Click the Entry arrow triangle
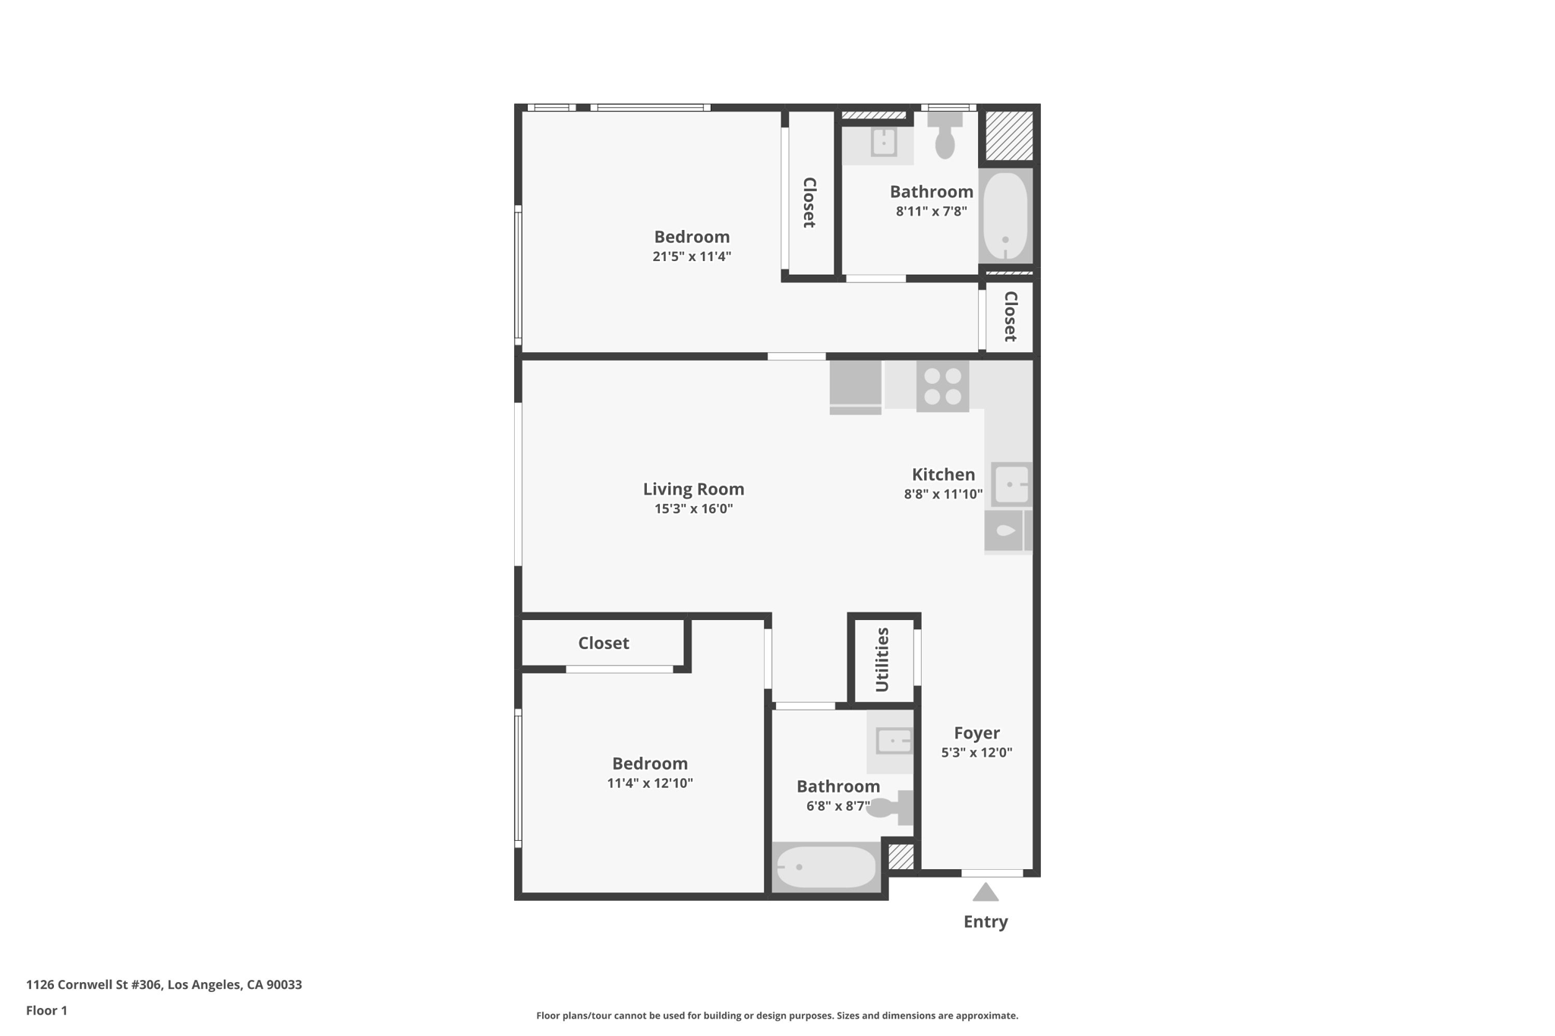[x=985, y=893]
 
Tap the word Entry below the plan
[x=986, y=921]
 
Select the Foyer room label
[x=976, y=733]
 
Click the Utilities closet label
[x=882, y=660]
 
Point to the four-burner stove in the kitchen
[x=942, y=386]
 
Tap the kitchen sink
[x=1011, y=483]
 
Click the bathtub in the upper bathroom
[x=1005, y=216]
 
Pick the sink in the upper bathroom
[x=883, y=142]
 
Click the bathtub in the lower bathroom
[x=826, y=867]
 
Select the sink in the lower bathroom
[x=893, y=740]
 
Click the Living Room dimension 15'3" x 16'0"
[x=693, y=509]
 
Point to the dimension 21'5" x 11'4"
[x=692, y=257]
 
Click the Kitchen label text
[x=943, y=475]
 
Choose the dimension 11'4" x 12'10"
[x=650, y=783]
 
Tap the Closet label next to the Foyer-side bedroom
[x=604, y=643]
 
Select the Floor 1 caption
[x=47, y=1010]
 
